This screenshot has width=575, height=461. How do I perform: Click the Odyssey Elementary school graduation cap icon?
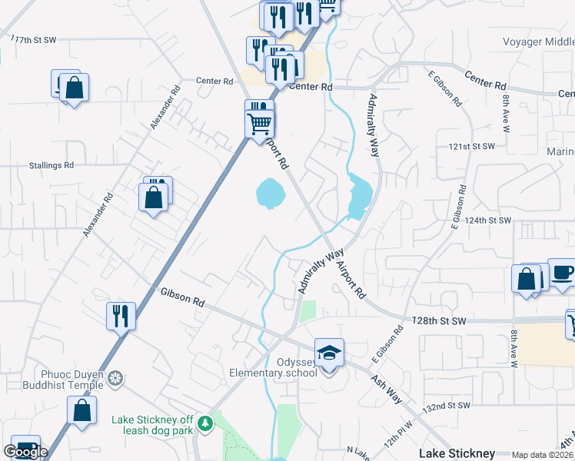tap(329, 353)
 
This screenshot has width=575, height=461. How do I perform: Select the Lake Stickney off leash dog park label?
tap(153, 424)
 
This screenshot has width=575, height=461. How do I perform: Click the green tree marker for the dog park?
tap(204, 423)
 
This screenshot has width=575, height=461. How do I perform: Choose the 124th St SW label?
tap(488, 221)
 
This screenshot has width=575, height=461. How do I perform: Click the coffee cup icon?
tap(562, 273)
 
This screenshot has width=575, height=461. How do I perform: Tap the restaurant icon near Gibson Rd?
tap(121, 316)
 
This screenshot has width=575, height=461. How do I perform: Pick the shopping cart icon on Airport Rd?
tap(260, 122)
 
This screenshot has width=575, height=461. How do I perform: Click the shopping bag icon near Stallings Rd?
tap(154, 197)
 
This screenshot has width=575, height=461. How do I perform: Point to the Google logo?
tap(25, 452)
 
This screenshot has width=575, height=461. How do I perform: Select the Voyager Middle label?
tap(538, 41)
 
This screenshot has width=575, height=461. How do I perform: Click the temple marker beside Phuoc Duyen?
tap(115, 380)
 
